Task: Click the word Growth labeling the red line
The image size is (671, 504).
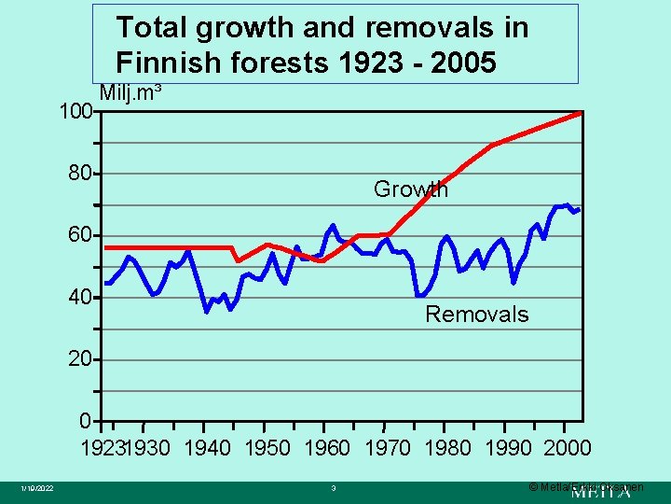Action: [x=410, y=189]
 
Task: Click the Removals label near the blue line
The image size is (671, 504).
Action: [x=476, y=315]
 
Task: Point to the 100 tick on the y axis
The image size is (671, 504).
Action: [x=75, y=112]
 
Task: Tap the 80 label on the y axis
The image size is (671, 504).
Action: [x=80, y=174]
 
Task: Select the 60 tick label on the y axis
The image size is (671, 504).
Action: [x=80, y=235]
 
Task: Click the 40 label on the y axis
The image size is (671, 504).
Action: [x=80, y=297]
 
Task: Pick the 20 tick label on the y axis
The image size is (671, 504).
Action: [x=80, y=359]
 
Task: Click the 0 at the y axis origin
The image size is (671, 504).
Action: [x=86, y=421]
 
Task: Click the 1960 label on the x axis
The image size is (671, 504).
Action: [x=327, y=448]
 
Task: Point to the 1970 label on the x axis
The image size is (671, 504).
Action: [x=387, y=448]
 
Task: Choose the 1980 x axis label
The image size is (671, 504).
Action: [x=447, y=448]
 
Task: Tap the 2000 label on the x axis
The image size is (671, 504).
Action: [x=567, y=448]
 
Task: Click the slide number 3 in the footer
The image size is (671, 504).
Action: [x=333, y=488]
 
